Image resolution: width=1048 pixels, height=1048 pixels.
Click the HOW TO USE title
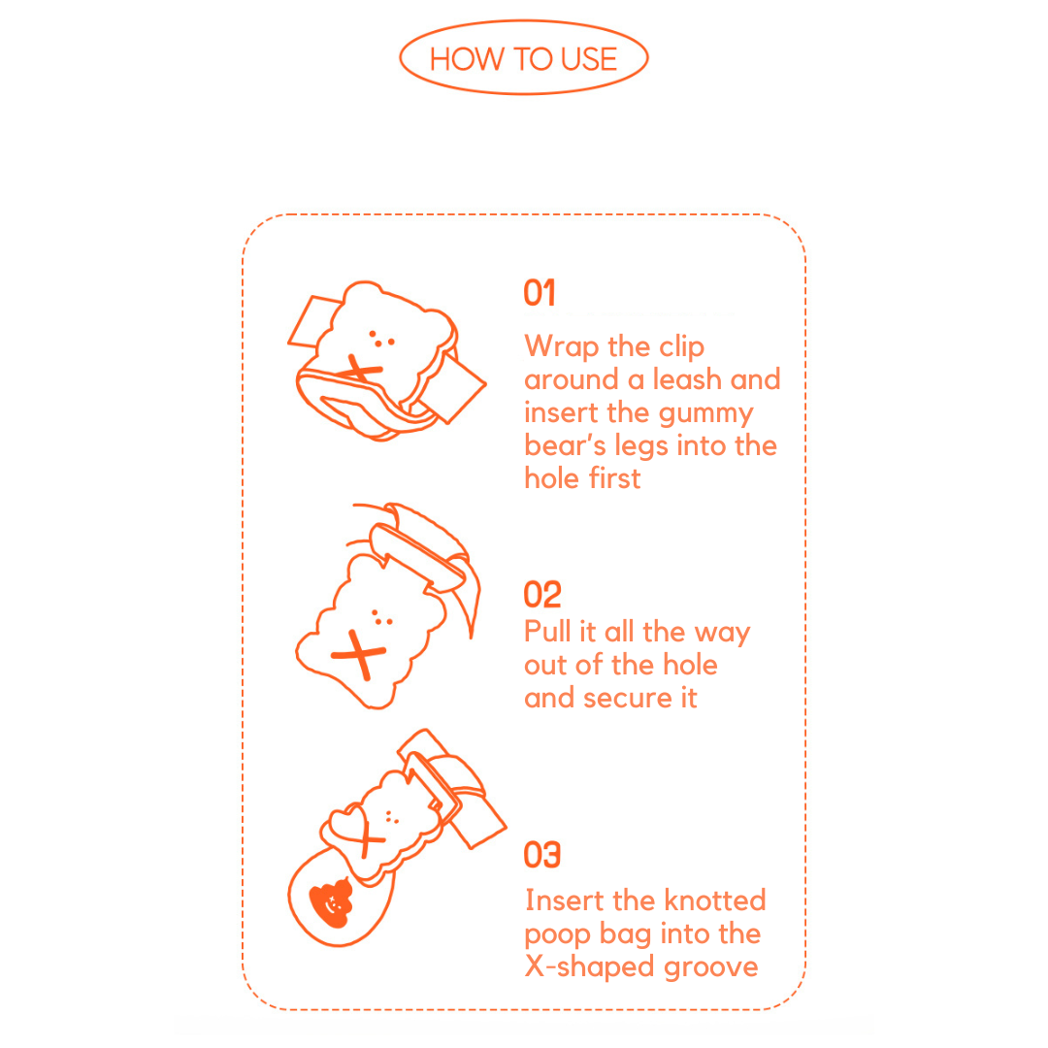523,59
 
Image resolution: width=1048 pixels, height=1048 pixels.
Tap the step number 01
540,293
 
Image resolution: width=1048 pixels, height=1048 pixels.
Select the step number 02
542,595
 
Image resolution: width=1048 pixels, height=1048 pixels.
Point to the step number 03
542,855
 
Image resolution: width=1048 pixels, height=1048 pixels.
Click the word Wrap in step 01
562,347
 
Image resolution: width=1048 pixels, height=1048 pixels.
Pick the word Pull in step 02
547,632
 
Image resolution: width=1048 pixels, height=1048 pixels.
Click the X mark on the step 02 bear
359,654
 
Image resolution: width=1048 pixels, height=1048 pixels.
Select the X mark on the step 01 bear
362,369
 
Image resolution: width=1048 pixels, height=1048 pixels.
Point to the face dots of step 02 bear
381,618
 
